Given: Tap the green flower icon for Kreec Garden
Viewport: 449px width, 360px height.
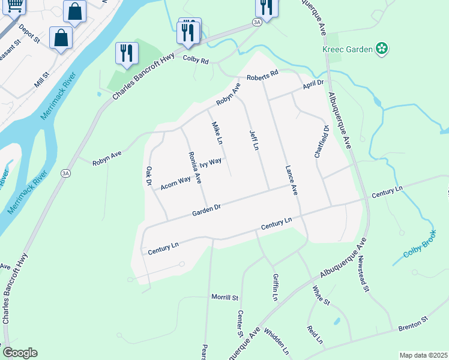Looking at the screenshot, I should tap(381, 47).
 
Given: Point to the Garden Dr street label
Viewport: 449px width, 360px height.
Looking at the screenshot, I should tap(207, 209).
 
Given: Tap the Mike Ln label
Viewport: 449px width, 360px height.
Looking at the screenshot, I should tap(216, 134).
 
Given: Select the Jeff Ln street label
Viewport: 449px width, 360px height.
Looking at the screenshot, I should tap(254, 139).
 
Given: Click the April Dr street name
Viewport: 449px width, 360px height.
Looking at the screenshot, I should tap(313, 85).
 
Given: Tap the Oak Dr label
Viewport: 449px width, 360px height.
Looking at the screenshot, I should tap(148, 175).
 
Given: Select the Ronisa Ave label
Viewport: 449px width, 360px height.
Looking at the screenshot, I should tap(194, 166).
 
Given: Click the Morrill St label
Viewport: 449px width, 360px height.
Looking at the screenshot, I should tap(224, 297).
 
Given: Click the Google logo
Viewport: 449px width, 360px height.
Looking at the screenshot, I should tap(20, 353).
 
